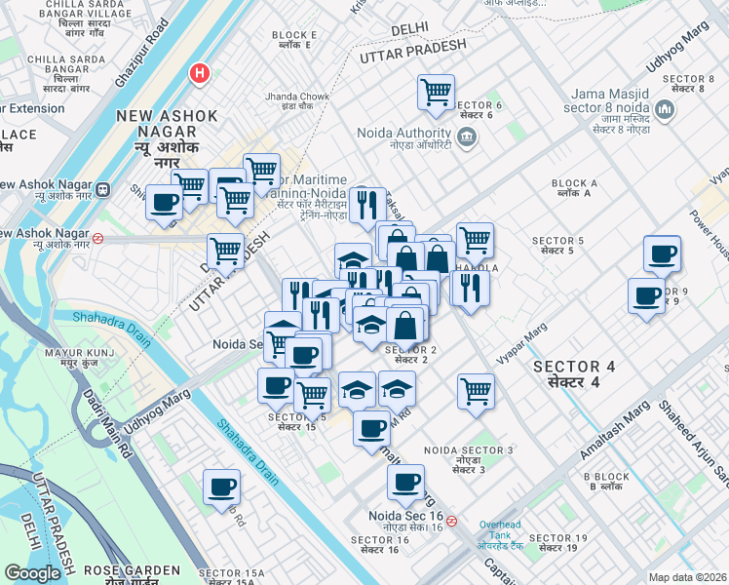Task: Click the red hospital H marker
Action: [200, 73]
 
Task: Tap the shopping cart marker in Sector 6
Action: [436, 93]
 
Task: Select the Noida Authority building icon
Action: [466, 136]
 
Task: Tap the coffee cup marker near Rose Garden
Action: [221, 487]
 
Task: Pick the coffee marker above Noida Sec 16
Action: [405, 481]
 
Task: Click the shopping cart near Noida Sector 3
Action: [476, 390]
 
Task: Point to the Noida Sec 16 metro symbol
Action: [452, 521]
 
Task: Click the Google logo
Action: [32, 572]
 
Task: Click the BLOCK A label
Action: [574, 183]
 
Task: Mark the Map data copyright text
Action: [687, 577]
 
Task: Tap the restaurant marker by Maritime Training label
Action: [366, 205]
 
